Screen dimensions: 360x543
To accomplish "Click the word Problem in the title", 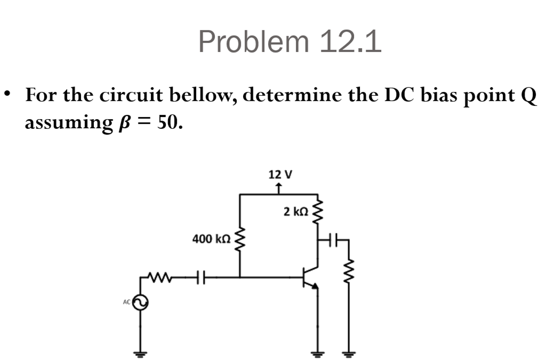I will point(254,42).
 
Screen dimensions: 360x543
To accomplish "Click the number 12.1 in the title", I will point(350,42).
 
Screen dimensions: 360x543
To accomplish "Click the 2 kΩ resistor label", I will point(296,212).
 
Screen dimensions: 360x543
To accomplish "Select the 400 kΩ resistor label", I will point(211,239).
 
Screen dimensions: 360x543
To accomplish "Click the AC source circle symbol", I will point(140,303).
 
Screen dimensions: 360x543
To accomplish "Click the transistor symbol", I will point(311,277).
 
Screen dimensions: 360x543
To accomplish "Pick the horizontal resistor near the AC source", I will point(159,277).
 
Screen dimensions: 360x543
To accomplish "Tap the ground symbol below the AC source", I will point(140,353).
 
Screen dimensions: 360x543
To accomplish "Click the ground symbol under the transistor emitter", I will point(318,353).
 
